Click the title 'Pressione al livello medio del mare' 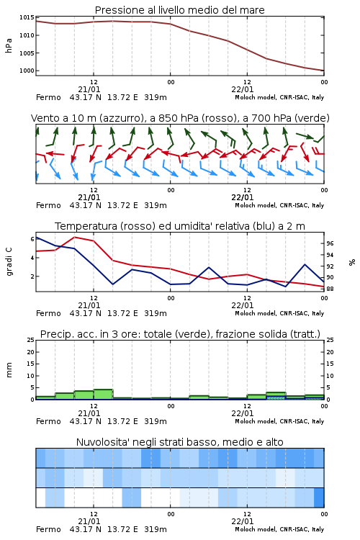tap(179, 10)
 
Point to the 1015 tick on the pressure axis tap(27, 17)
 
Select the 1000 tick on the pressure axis tap(27, 71)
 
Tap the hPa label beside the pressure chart tap(9, 45)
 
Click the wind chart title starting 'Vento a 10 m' tap(180, 118)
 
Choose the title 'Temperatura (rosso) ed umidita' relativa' tap(180, 226)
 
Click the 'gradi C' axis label tap(9, 261)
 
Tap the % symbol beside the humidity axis tap(352, 262)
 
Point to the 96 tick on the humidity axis tap(330, 243)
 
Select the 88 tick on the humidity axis tap(330, 289)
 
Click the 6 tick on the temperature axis tap(32, 239)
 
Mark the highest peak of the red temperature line tap(74, 237)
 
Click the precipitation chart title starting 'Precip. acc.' tap(180, 334)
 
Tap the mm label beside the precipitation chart tap(9, 370)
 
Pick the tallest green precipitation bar tap(104, 395)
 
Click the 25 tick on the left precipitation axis tap(31, 340)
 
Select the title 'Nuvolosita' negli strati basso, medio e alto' tap(179, 442)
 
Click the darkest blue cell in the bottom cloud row tap(319, 498)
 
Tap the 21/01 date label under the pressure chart tap(89, 89)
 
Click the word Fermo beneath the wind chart tap(48, 206)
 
